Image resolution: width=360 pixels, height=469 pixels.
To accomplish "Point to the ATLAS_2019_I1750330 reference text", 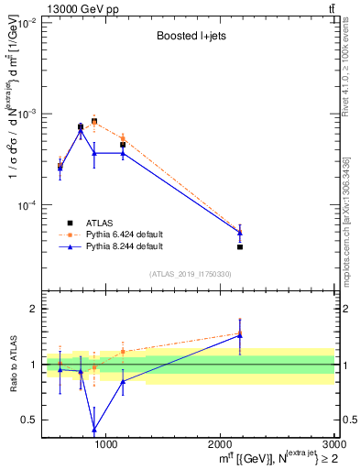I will tap(190, 274).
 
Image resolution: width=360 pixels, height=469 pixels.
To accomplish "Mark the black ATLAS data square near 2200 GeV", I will tap(240, 246).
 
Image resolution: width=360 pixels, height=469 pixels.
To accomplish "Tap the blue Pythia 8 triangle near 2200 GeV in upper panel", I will tap(240, 233).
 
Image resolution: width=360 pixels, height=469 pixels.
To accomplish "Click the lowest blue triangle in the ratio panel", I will tap(94, 429).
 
